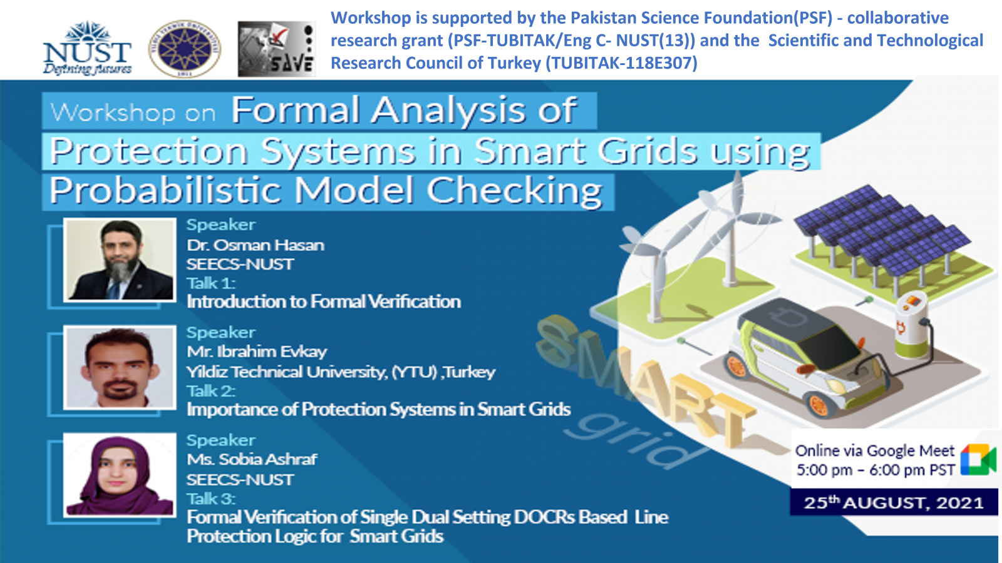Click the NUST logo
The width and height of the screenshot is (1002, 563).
(x=87, y=48)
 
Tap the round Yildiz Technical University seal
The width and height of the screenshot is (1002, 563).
(x=184, y=49)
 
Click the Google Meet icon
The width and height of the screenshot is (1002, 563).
(x=978, y=459)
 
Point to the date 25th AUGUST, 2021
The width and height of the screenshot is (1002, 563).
(x=893, y=503)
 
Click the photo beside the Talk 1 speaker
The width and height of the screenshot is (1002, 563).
(x=120, y=260)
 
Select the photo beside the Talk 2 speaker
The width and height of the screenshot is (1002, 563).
(x=120, y=367)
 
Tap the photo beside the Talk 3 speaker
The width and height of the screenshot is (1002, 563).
(x=120, y=475)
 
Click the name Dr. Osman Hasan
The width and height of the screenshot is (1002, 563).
(x=256, y=245)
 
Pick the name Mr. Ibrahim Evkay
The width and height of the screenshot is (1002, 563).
(x=257, y=352)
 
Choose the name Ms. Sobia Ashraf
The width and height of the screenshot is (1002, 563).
(x=252, y=459)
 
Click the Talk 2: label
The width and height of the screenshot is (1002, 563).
(x=210, y=391)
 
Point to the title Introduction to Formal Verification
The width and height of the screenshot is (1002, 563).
(x=323, y=302)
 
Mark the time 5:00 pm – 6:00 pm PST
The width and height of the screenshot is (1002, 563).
(x=875, y=470)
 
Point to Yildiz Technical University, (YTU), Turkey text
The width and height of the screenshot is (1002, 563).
(x=341, y=372)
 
